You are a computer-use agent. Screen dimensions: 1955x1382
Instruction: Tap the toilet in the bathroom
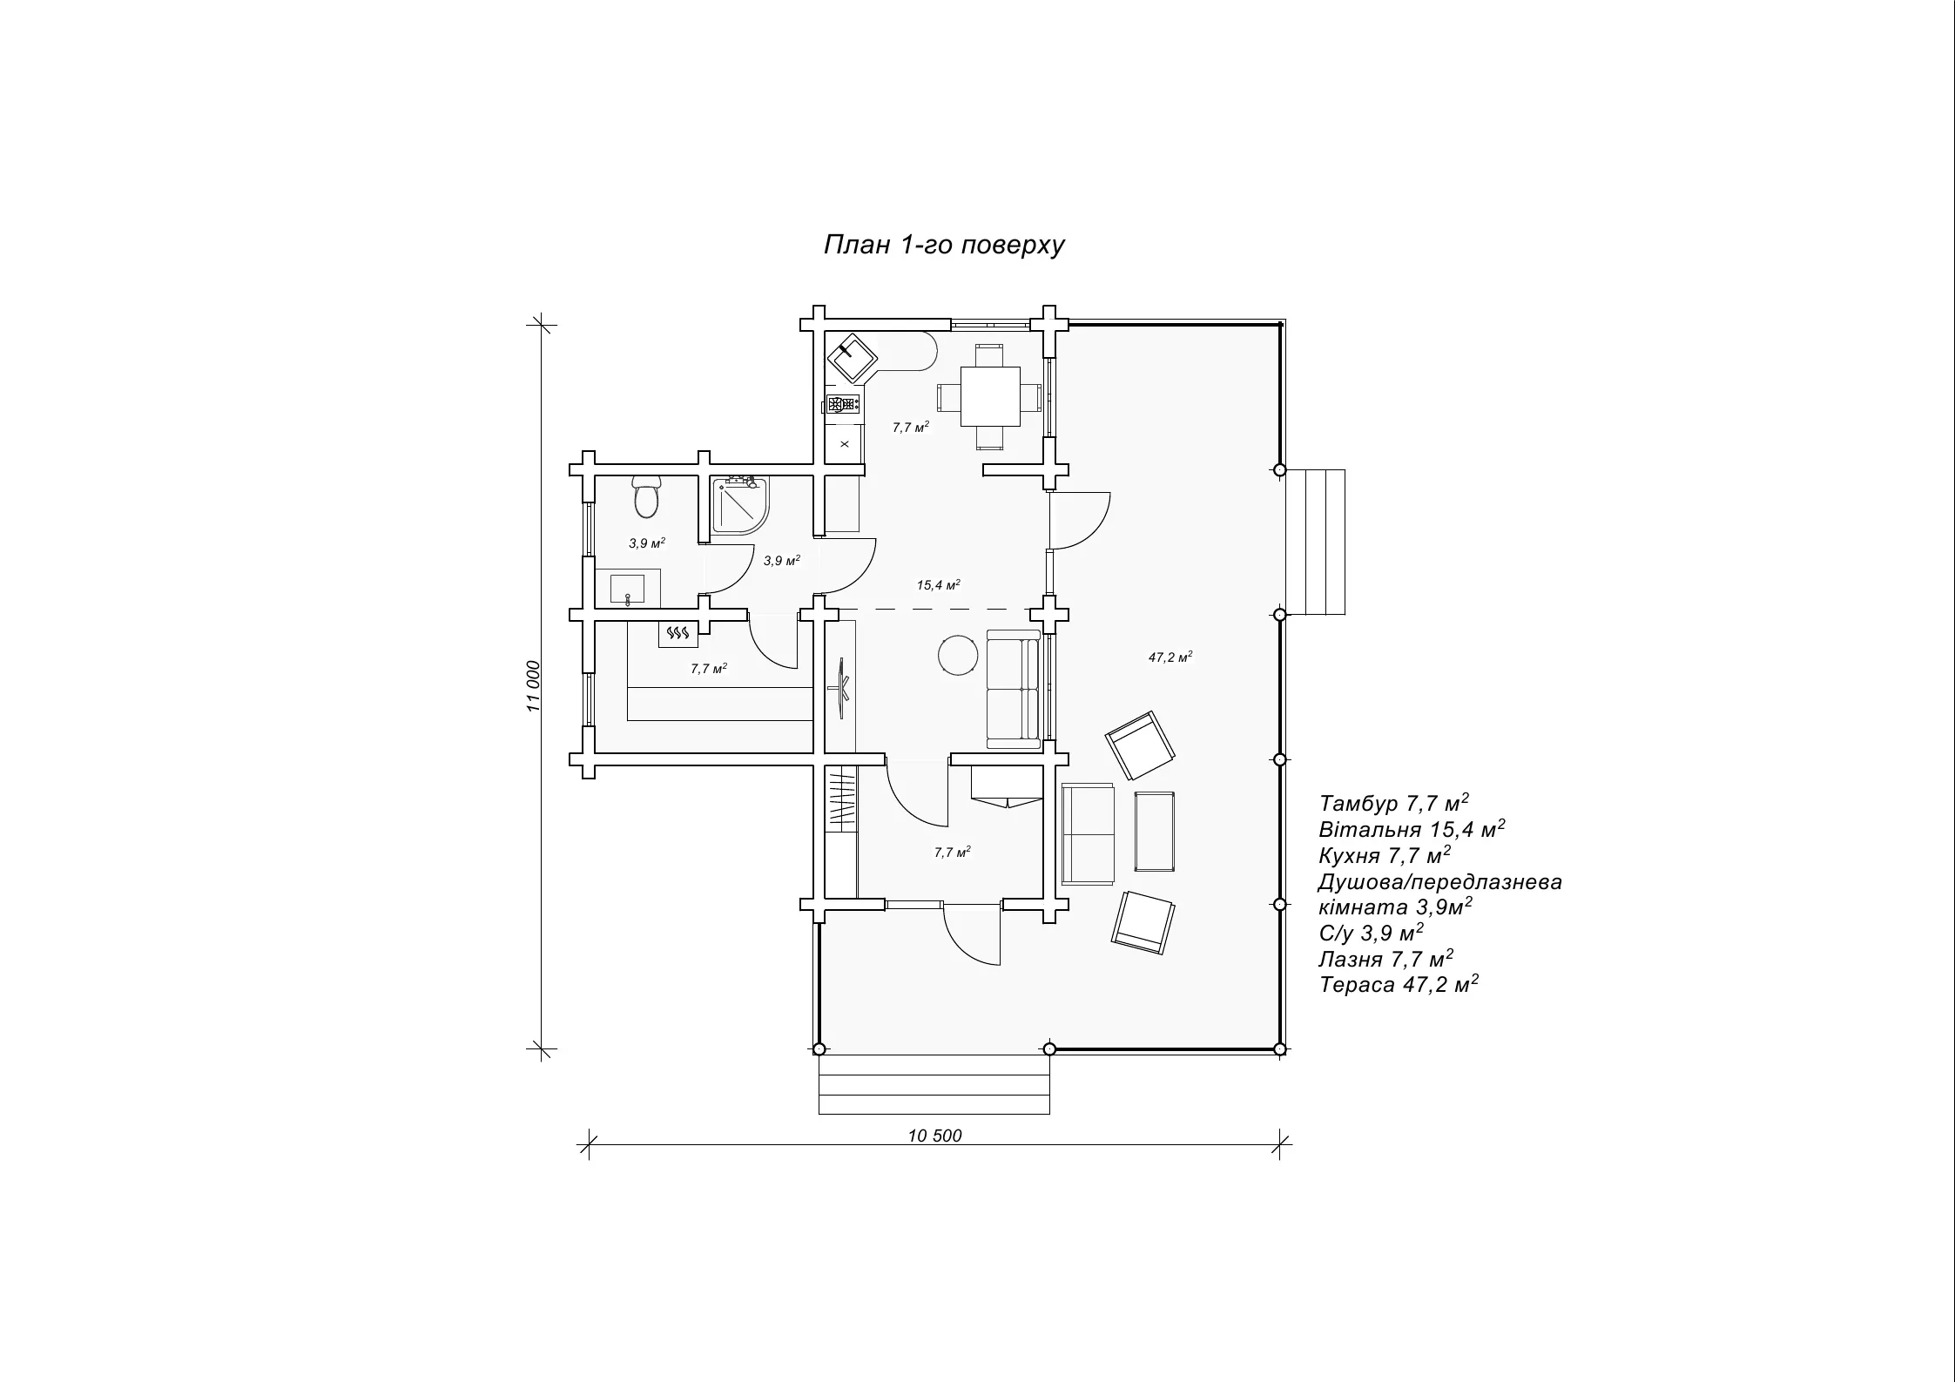point(646,496)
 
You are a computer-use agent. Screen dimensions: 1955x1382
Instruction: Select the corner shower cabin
point(740,504)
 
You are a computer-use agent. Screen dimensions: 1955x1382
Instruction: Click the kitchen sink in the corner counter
point(851,357)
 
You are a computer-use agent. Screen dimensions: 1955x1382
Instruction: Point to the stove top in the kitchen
point(843,403)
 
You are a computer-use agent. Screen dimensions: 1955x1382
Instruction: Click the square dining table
point(990,396)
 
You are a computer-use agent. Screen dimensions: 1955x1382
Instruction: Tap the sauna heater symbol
point(678,634)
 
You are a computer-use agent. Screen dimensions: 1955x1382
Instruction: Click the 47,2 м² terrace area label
point(1170,657)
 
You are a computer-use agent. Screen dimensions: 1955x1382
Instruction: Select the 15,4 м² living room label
point(939,585)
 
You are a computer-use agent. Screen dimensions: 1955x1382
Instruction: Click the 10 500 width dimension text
point(935,1136)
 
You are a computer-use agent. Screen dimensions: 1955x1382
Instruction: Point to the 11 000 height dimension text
point(534,686)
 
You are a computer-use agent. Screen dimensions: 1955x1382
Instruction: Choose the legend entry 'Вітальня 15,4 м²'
point(1412,829)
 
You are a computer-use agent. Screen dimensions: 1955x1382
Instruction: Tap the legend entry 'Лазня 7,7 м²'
point(1386,959)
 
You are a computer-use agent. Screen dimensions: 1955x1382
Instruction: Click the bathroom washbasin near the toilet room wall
point(628,588)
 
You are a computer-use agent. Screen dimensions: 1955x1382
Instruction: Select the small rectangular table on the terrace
point(1155,832)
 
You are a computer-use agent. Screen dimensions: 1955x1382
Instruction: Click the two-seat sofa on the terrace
point(1089,834)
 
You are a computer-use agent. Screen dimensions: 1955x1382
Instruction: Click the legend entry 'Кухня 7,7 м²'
point(1385,855)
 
